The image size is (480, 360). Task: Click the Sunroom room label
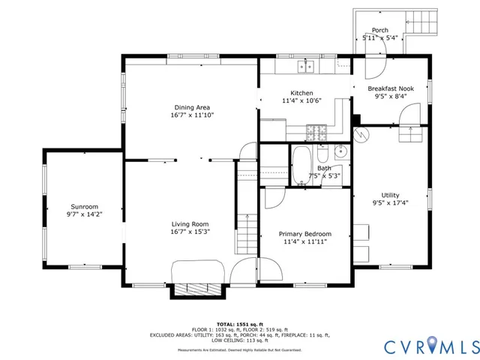tap(84, 206)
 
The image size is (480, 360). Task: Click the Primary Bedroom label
tap(305, 234)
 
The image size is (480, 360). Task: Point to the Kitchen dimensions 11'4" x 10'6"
tap(301, 100)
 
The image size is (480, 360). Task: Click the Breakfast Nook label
tap(390, 88)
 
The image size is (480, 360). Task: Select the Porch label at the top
tap(380, 30)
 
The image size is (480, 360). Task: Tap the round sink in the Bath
tap(341, 151)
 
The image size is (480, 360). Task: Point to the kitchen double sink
tap(305, 67)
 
